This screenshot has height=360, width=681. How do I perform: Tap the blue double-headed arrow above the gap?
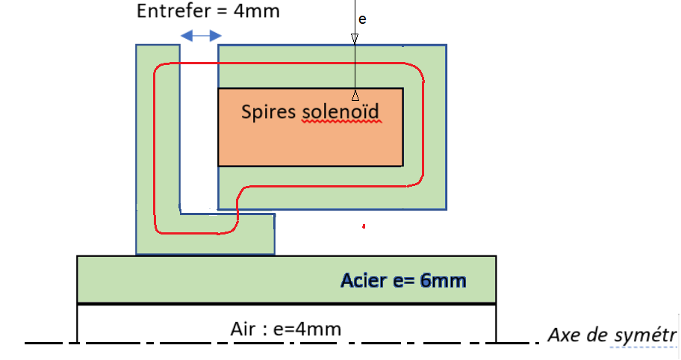coord(202,35)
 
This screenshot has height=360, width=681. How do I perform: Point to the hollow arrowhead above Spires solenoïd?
coord(355,96)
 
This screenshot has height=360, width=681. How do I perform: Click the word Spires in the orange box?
coord(269,112)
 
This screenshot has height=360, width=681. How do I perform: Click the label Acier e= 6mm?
coord(403,281)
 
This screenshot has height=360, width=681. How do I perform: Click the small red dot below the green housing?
coord(363,225)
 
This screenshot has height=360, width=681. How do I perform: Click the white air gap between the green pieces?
coord(198,127)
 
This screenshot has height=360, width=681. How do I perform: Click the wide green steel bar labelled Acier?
coord(224,279)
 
